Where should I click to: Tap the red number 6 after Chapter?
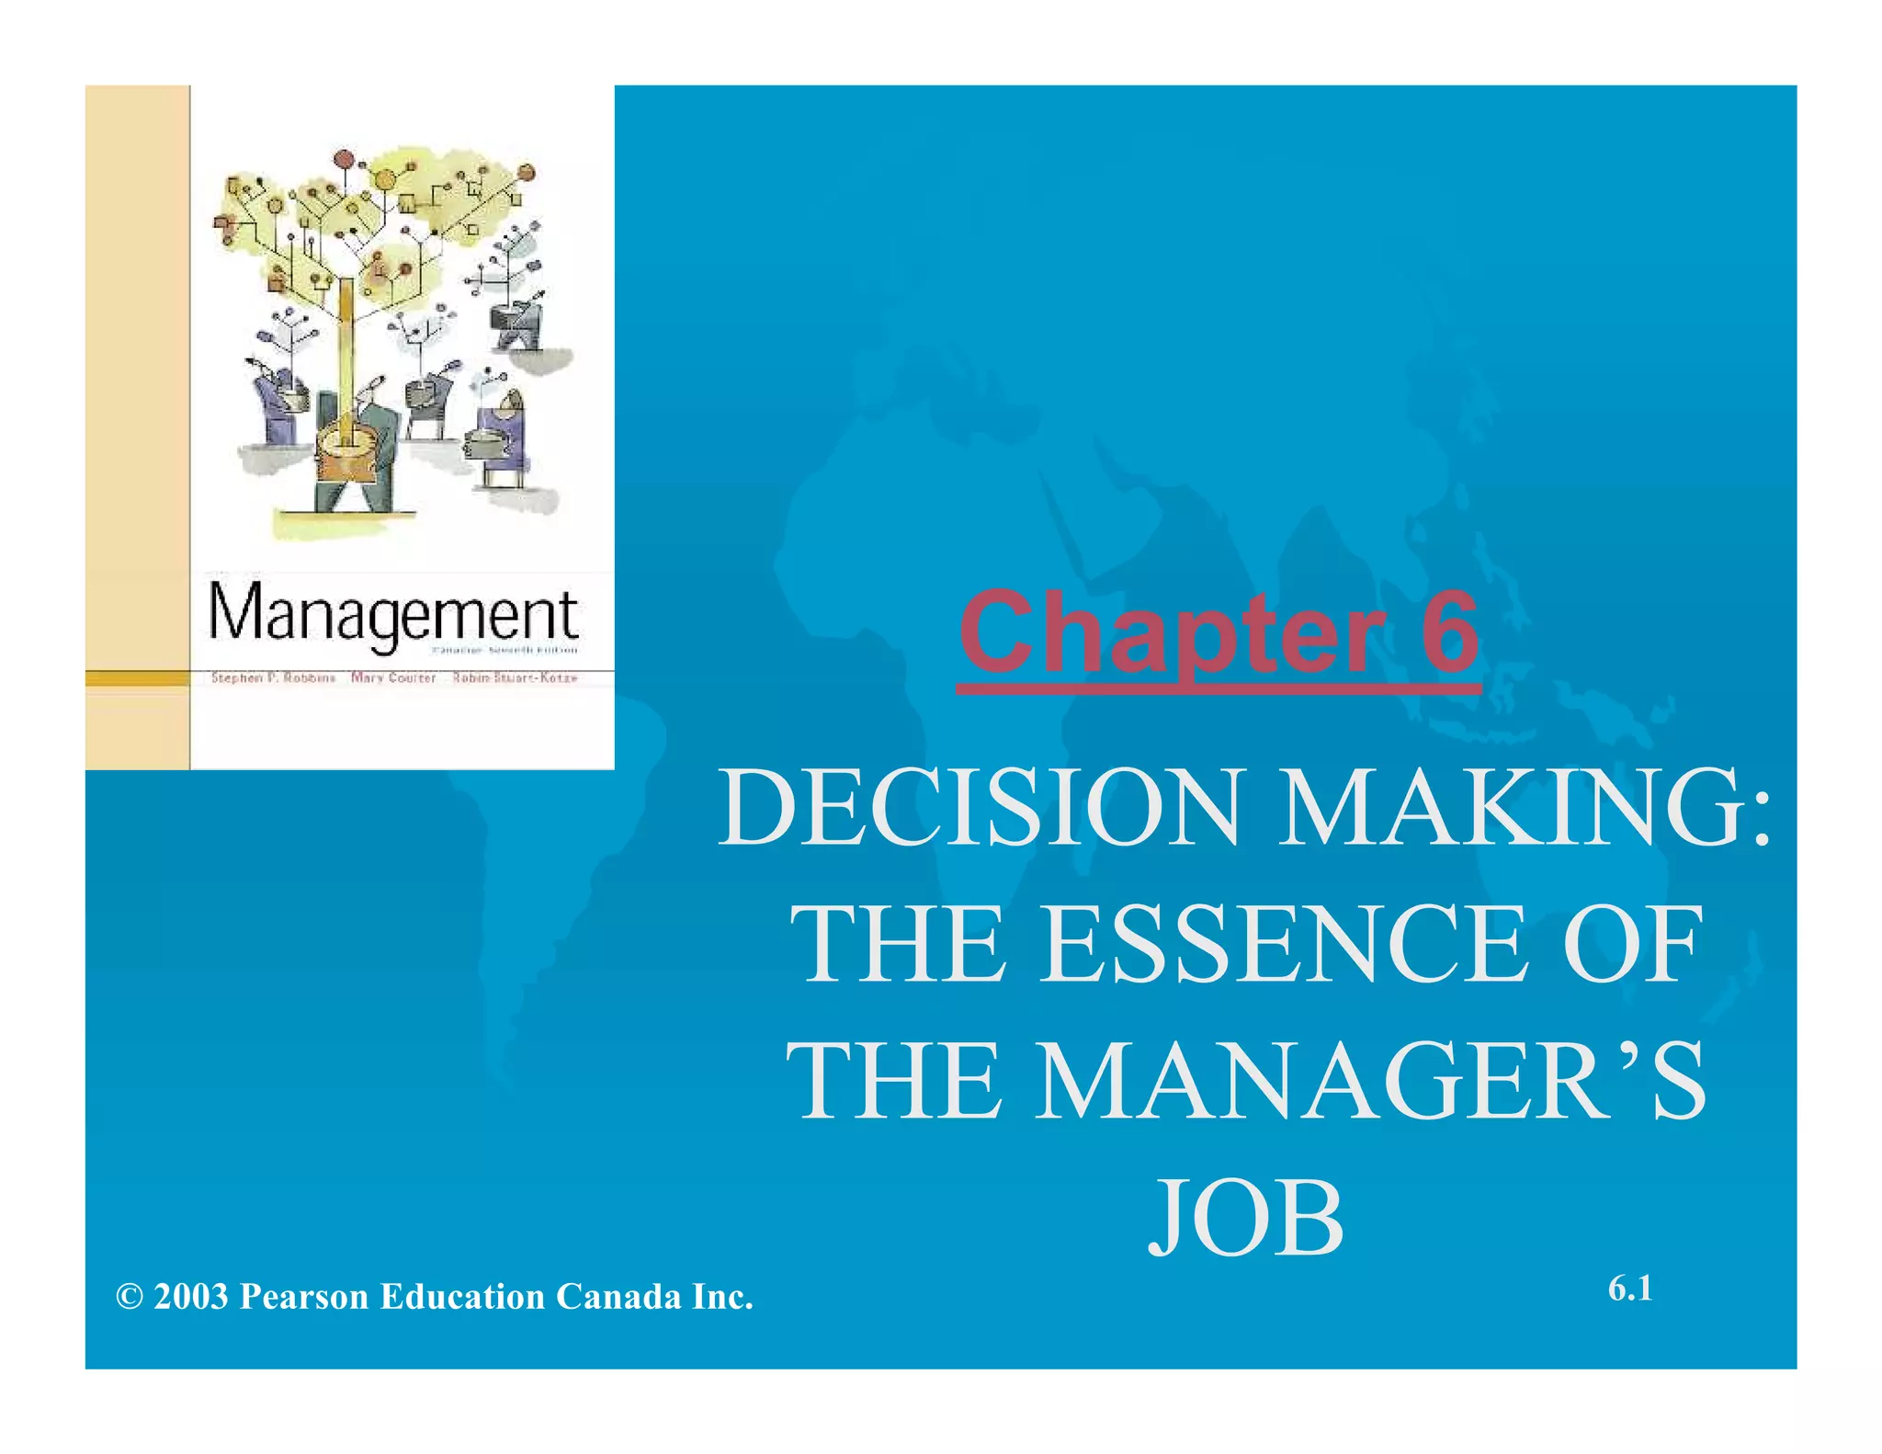coord(1449,632)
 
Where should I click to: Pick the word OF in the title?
coord(1633,944)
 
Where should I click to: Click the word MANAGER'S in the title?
coord(1370,1082)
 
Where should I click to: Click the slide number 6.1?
coord(1630,1289)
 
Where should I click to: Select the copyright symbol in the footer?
coord(130,1297)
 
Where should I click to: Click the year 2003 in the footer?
coord(191,1297)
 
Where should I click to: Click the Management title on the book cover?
coord(393,613)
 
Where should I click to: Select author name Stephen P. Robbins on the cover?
coord(273,678)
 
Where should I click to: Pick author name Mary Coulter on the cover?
coord(393,678)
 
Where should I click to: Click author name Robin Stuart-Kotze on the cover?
coord(515,678)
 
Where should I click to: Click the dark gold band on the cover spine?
coord(137,678)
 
